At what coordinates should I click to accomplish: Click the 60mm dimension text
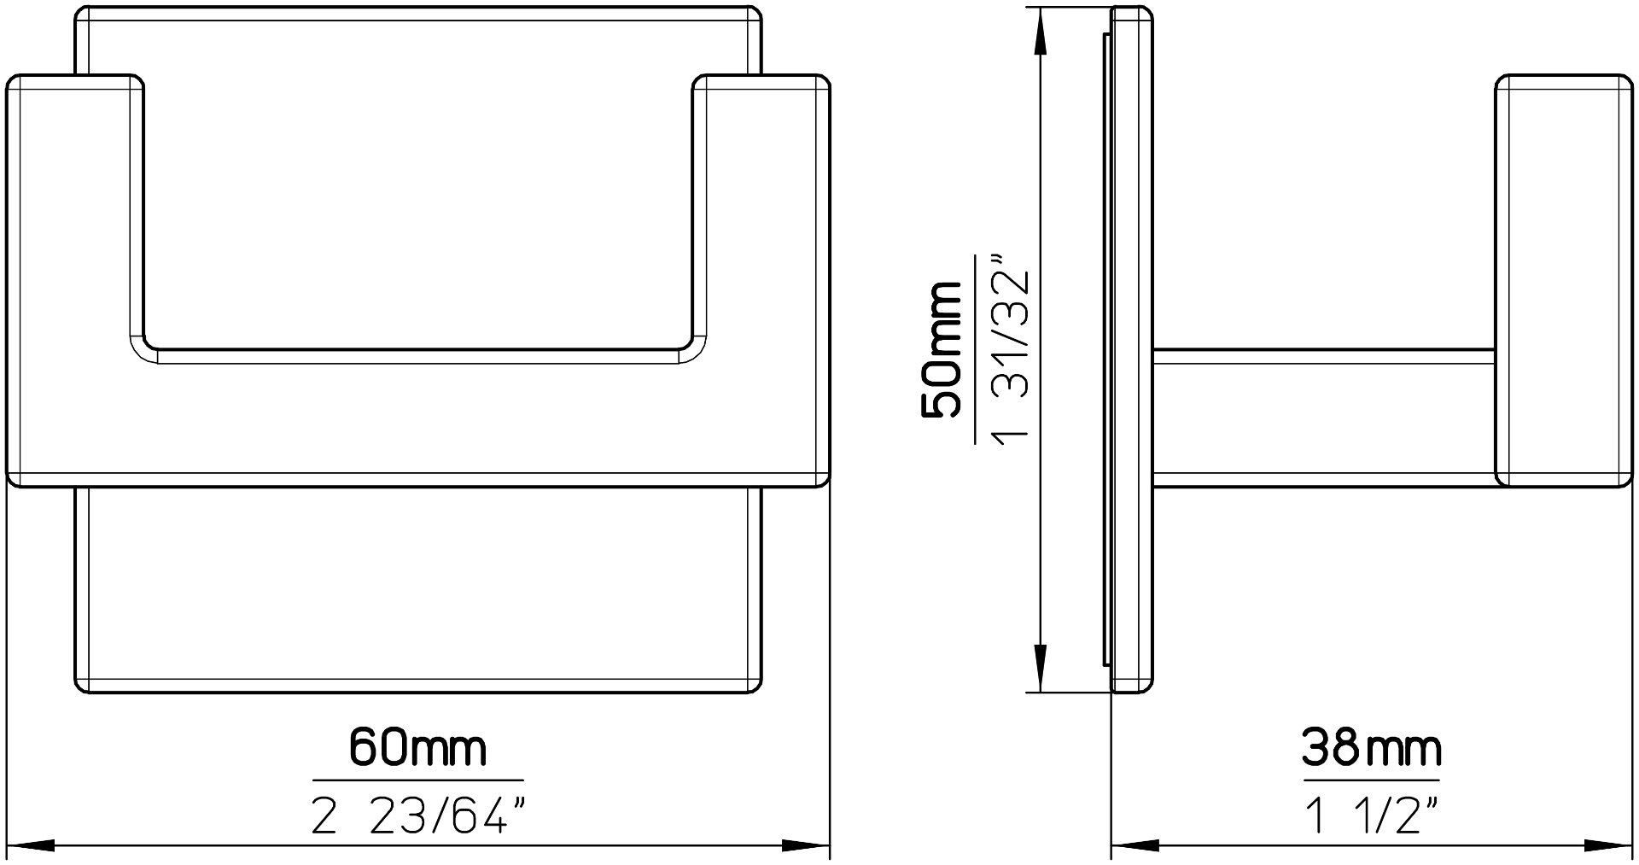click(x=417, y=748)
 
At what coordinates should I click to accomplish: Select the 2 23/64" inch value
click(x=417, y=819)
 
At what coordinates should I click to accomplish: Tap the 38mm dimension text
click(x=1371, y=748)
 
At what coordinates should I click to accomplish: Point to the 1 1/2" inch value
click(x=1371, y=818)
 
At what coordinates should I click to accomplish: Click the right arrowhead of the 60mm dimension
click(x=806, y=847)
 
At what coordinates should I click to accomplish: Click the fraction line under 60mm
click(x=417, y=780)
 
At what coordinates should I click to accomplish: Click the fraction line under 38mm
click(x=1371, y=780)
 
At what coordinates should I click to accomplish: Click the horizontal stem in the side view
click(x=1323, y=418)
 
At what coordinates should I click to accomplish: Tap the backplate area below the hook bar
click(x=417, y=589)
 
